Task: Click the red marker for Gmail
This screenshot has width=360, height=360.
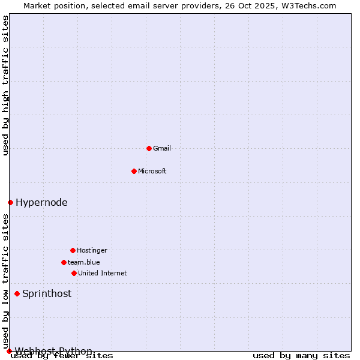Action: coord(149,148)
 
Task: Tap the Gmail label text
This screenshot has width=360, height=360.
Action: coord(162,148)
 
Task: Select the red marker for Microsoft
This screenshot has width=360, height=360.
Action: coord(134,171)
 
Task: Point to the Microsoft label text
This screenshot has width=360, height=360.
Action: coord(152,171)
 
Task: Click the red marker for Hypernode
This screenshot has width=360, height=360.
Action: coord(10,202)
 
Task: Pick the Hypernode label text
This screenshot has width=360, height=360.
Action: coord(41,202)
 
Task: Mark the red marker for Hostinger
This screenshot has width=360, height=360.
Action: coord(73,250)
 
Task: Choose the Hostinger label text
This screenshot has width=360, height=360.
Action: coord(92,250)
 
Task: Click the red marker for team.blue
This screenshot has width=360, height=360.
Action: coord(64,262)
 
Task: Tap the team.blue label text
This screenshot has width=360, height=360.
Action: coord(84,262)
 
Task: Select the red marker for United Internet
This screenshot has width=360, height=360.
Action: coord(74,273)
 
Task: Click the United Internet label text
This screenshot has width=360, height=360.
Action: coord(102,273)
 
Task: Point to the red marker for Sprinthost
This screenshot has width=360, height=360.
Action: coord(17,293)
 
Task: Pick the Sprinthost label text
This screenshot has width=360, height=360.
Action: coord(47,293)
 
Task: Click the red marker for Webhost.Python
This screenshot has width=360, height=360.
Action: coord(9,351)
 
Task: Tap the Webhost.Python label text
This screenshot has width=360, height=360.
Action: coord(53,350)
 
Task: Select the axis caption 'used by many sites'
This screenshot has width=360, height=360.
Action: coord(301,355)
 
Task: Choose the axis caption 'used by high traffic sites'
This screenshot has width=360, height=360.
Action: coord(6,85)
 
